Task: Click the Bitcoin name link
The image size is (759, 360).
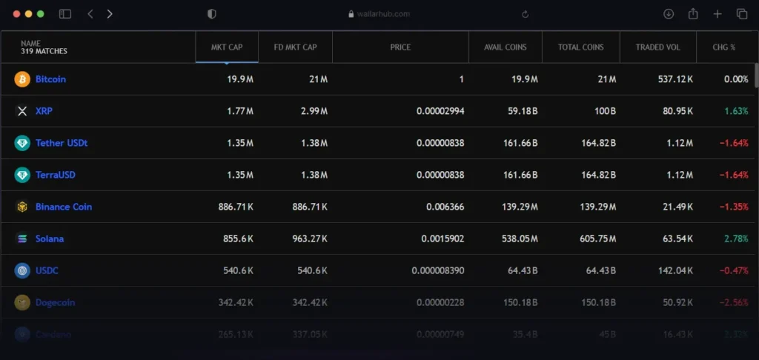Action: pos(50,79)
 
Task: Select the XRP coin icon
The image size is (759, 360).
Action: pos(22,111)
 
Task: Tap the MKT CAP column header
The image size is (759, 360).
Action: pos(227,47)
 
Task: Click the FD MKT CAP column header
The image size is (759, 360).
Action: pos(295,47)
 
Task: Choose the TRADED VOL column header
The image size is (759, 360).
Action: pos(657,47)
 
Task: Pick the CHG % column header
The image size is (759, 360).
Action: pos(723,47)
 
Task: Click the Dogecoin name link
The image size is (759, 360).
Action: pos(55,302)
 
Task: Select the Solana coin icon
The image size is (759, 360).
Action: pos(22,239)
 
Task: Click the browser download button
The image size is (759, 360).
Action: pos(669,14)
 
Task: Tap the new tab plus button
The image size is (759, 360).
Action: pos(717,14)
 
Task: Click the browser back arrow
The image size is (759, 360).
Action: pos(90,14)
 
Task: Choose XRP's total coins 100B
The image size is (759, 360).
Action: pos(603,111)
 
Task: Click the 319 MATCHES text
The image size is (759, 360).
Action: pos(44,52)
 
